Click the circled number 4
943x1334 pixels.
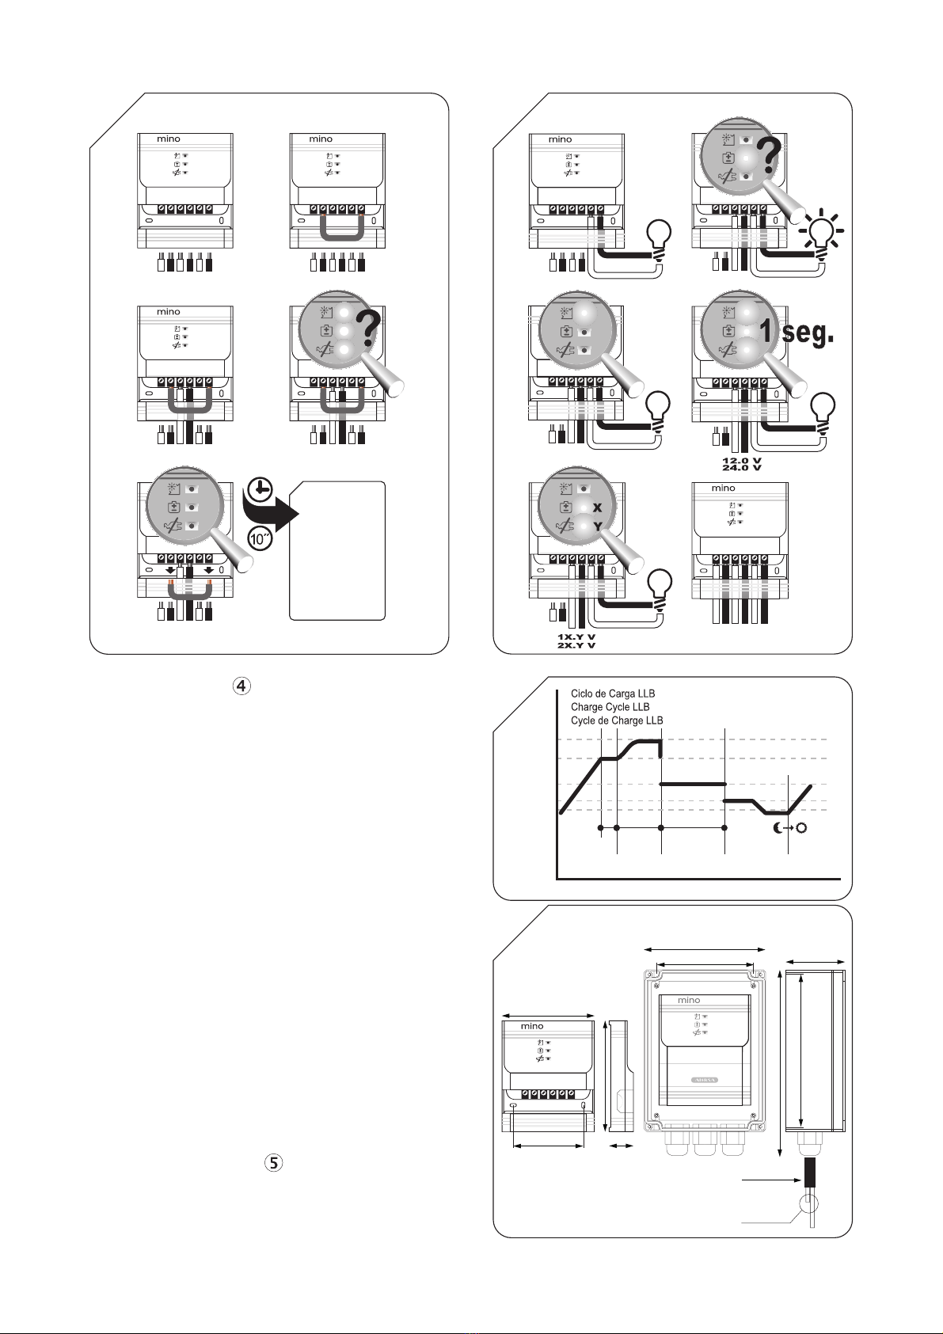point(241,686)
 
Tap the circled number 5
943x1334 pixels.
point(273,1163)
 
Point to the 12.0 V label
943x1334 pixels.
point(741,459)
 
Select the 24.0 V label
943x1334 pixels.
point(741,467)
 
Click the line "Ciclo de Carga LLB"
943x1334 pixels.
point(613,694)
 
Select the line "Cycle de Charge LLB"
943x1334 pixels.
point(617,720)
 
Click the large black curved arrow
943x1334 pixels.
point(272,515)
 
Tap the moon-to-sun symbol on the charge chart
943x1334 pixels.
point(790,829)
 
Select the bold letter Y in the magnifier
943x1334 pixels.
point(598,525)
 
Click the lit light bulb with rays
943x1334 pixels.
point(822,231)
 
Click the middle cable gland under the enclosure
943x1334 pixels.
point(704,1141)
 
